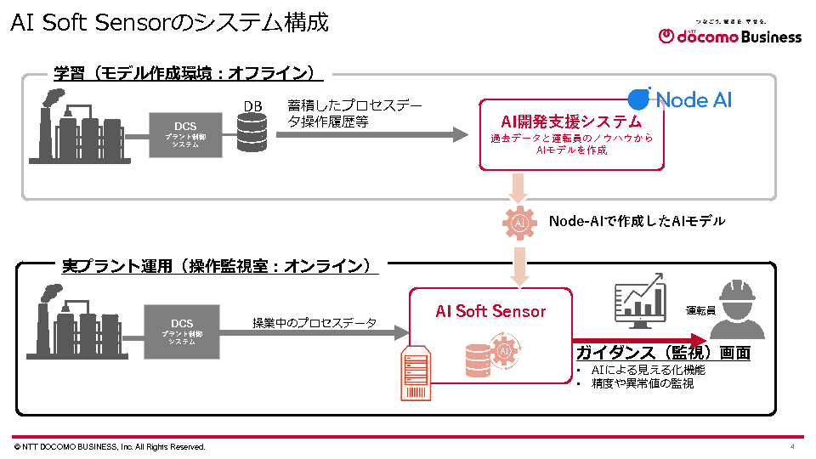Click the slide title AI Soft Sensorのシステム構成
169,23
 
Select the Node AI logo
680,99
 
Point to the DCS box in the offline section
185,133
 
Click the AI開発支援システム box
571,134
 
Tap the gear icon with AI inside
519,223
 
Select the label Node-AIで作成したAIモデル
637,221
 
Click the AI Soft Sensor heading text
490,311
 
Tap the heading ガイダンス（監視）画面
663,353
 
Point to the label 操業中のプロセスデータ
314,323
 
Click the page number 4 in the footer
792,447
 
